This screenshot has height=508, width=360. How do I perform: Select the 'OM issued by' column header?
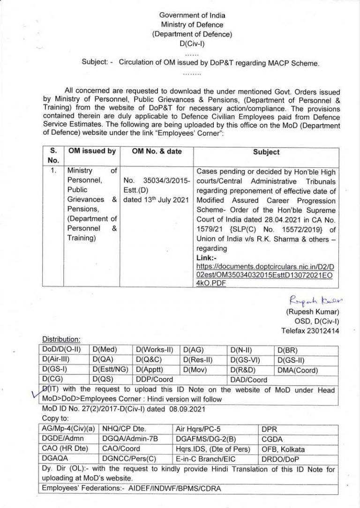92,151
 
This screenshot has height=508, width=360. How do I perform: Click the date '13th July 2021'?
156,200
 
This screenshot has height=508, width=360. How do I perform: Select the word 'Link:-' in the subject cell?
206,258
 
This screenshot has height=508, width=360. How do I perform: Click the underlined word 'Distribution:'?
61,339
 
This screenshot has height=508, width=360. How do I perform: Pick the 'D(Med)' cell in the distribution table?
105,350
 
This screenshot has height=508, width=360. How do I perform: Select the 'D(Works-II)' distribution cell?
155,350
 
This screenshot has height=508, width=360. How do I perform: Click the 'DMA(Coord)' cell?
298,370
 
